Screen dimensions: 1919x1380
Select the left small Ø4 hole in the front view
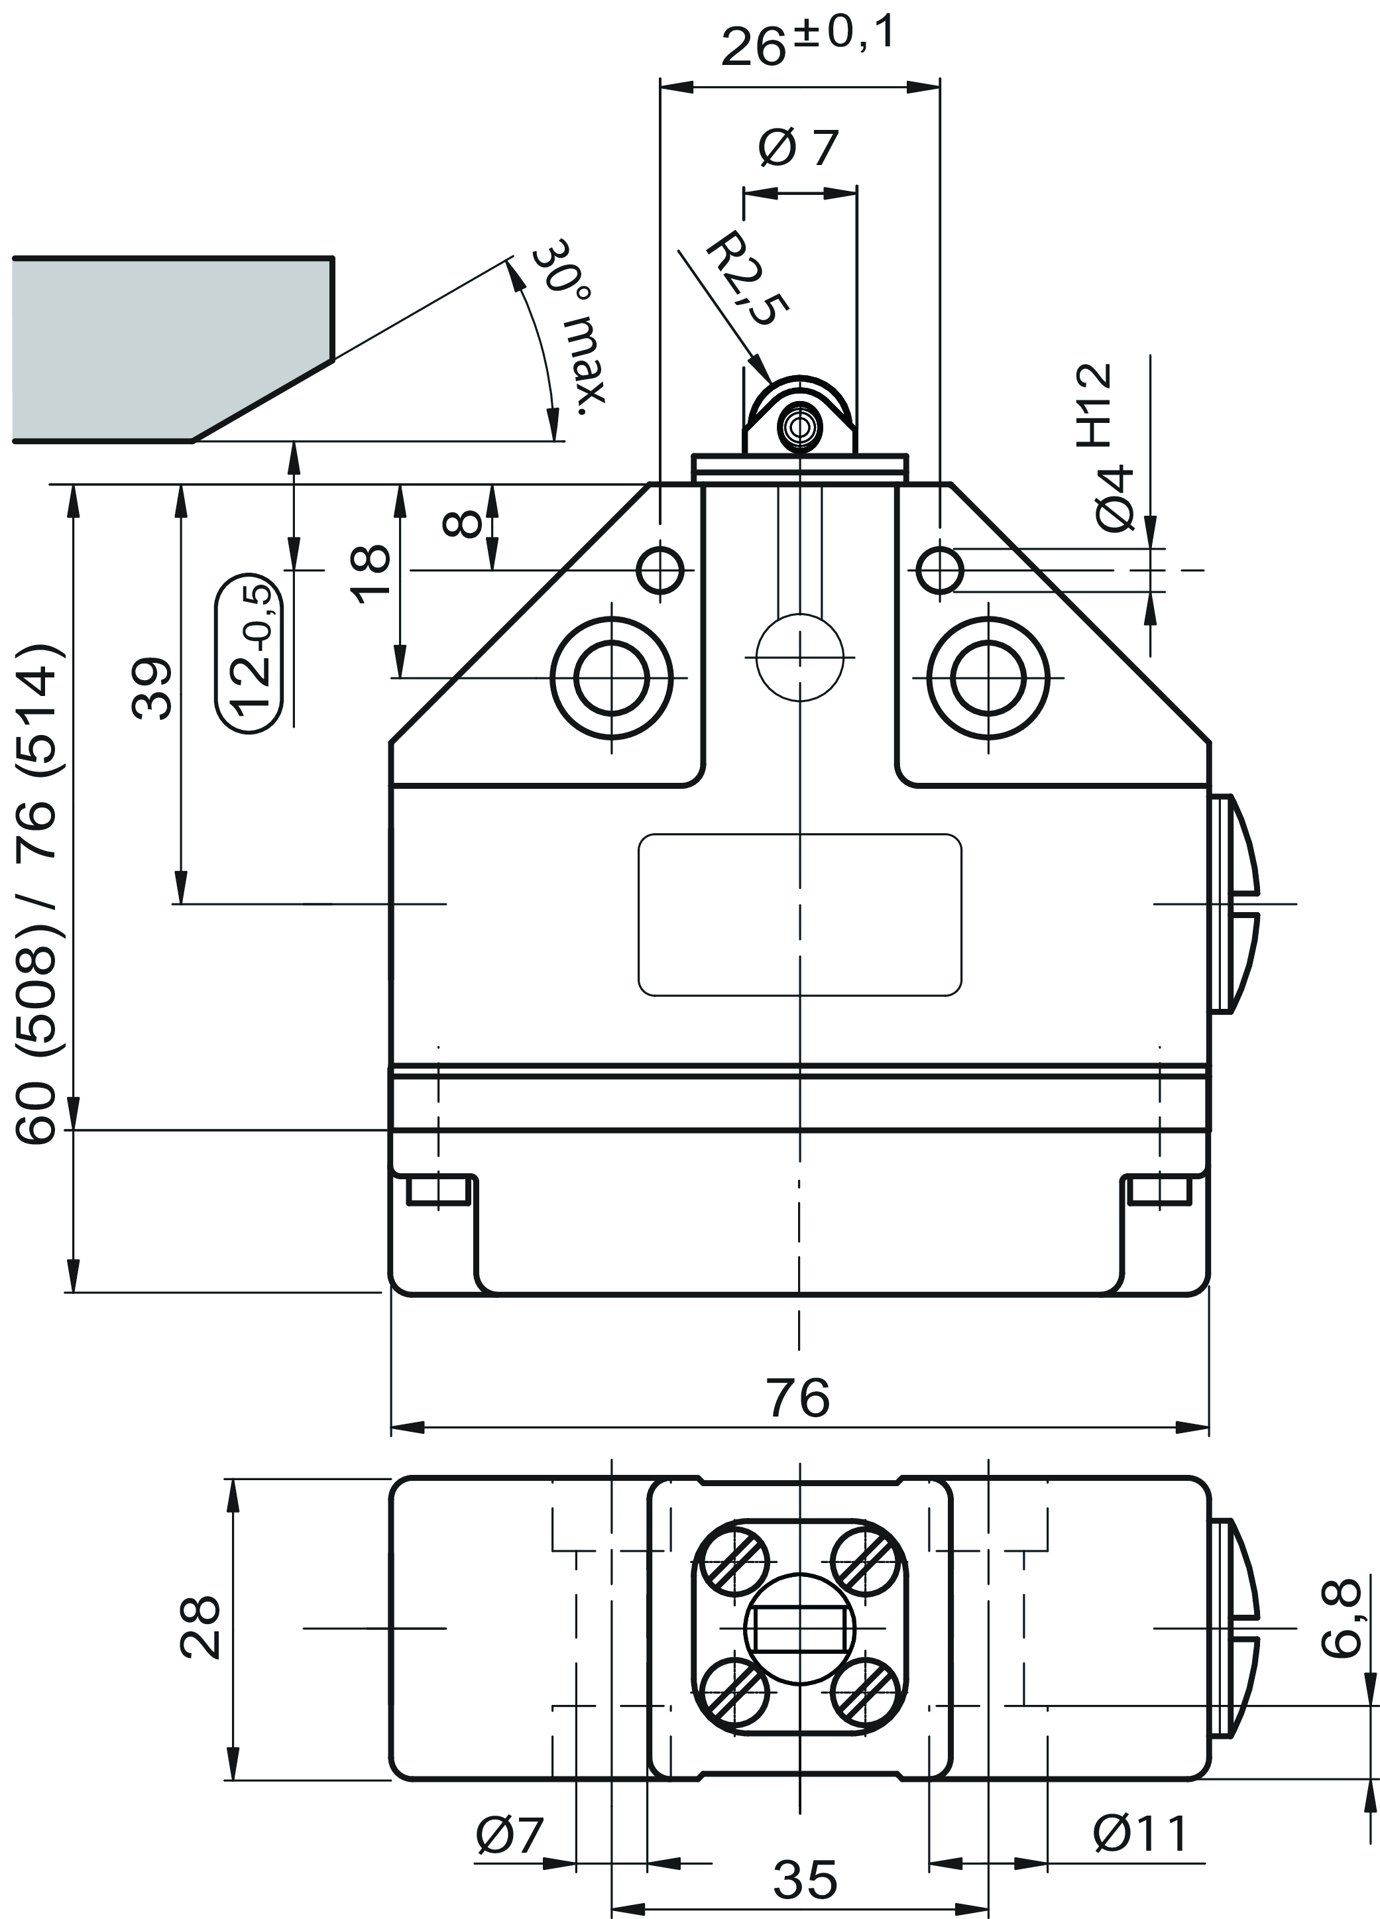(x=661, y=571)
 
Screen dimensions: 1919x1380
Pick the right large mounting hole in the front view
(x=988, y=677)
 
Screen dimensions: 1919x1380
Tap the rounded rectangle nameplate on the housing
(x=799, y=914)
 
